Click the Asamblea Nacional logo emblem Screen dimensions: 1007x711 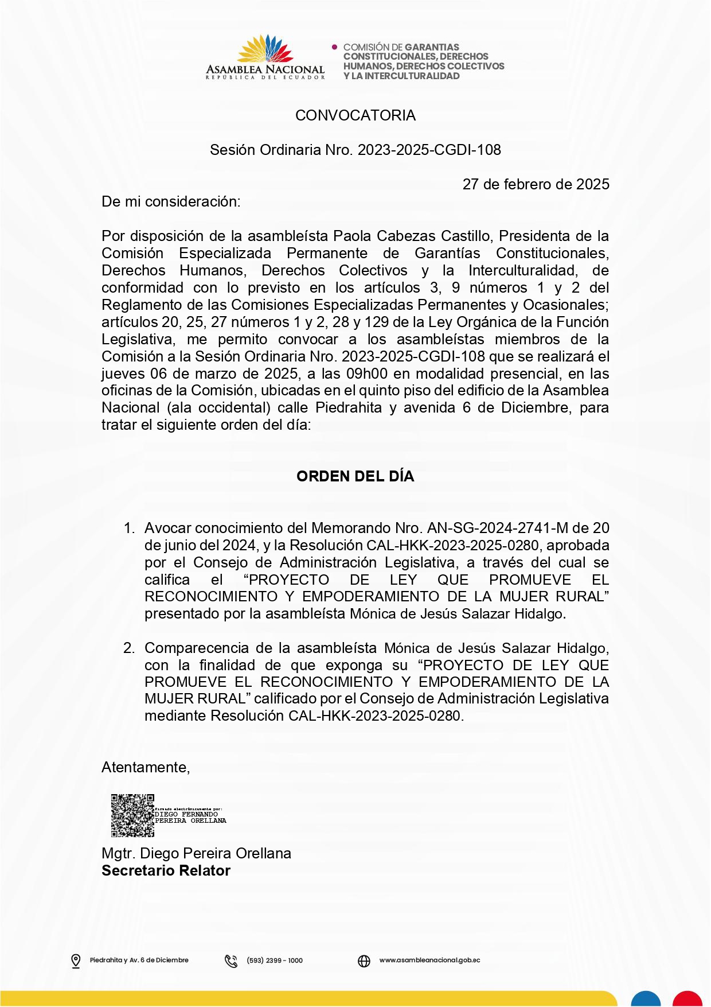[x=265, y=49]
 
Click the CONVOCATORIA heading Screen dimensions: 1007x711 [x=355, y=115]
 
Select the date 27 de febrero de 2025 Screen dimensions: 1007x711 [x=536, y=184]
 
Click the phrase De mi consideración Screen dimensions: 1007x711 [x=171, y=201]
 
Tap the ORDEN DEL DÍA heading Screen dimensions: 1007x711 [x=355, y=476]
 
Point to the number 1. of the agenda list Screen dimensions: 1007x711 [x=130, y=528]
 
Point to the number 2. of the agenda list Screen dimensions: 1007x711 [x=130, y=648]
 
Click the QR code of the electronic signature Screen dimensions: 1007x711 [x=132, y=815]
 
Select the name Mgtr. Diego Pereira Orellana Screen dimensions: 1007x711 [x=196, y=853]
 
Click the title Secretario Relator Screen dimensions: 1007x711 [x=166, y=870]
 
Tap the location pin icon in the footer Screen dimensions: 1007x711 [x=76, y=961]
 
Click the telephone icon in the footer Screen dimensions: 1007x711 [x=231, y=961]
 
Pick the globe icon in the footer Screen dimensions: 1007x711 [x=364, y=961]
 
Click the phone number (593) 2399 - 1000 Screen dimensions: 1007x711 [x=275, y=961]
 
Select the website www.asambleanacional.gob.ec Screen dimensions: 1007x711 [x=429, y=960]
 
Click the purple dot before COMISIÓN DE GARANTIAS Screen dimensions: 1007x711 [x=335, y=47]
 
